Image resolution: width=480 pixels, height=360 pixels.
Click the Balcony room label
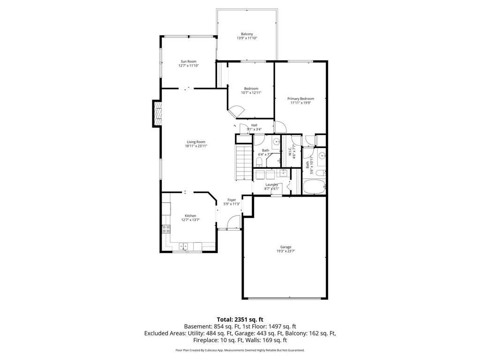247,34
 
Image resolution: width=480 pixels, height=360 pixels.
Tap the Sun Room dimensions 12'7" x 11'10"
188,66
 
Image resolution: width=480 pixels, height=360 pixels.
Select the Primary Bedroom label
300,98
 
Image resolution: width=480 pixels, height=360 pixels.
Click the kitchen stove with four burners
166,229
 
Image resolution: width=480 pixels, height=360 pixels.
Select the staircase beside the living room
244,162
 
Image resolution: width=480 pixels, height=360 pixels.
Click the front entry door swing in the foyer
233,222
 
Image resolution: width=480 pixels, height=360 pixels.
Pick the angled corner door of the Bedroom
236,112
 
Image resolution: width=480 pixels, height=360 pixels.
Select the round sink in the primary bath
322,156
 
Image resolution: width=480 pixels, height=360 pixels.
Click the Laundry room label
272,184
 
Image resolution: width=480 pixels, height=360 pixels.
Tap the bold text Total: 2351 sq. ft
240,319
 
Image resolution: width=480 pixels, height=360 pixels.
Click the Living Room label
196,142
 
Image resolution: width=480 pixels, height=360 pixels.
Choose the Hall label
254,125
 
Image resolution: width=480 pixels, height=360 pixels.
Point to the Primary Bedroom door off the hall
279,127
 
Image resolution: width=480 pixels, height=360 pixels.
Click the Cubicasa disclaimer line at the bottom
240,350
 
